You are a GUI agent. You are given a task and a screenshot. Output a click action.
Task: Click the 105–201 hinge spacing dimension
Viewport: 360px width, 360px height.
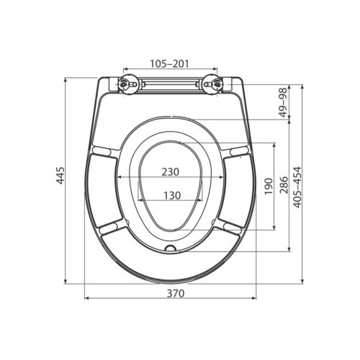tap(170, 64)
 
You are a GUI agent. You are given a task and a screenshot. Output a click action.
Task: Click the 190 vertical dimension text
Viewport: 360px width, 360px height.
tap(268, 186)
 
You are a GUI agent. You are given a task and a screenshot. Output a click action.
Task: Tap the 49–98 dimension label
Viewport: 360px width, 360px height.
tap(283, 102)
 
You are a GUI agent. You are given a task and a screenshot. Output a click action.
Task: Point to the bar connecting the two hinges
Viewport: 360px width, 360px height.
tap(170, 85)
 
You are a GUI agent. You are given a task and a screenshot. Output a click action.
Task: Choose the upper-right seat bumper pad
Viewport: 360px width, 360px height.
tap(237, 150)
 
